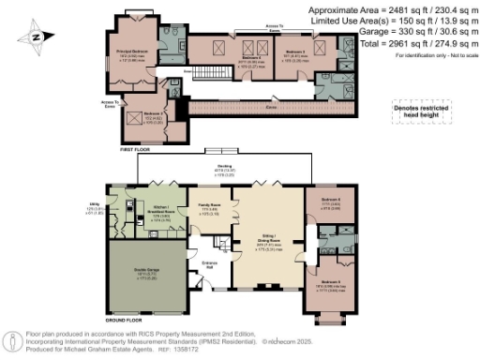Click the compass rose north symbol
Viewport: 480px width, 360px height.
tap(35, 38)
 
